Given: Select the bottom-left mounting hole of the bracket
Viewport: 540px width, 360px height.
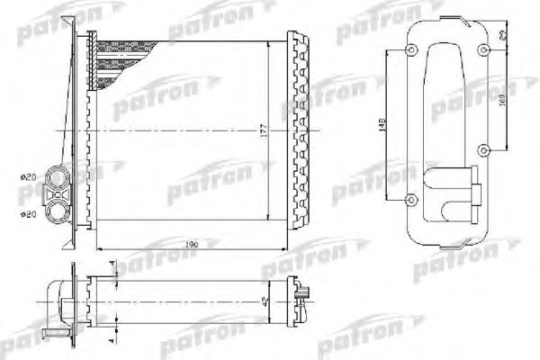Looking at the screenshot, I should click(411, 197).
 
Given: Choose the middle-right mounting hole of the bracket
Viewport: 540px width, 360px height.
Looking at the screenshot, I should click(483, 149).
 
